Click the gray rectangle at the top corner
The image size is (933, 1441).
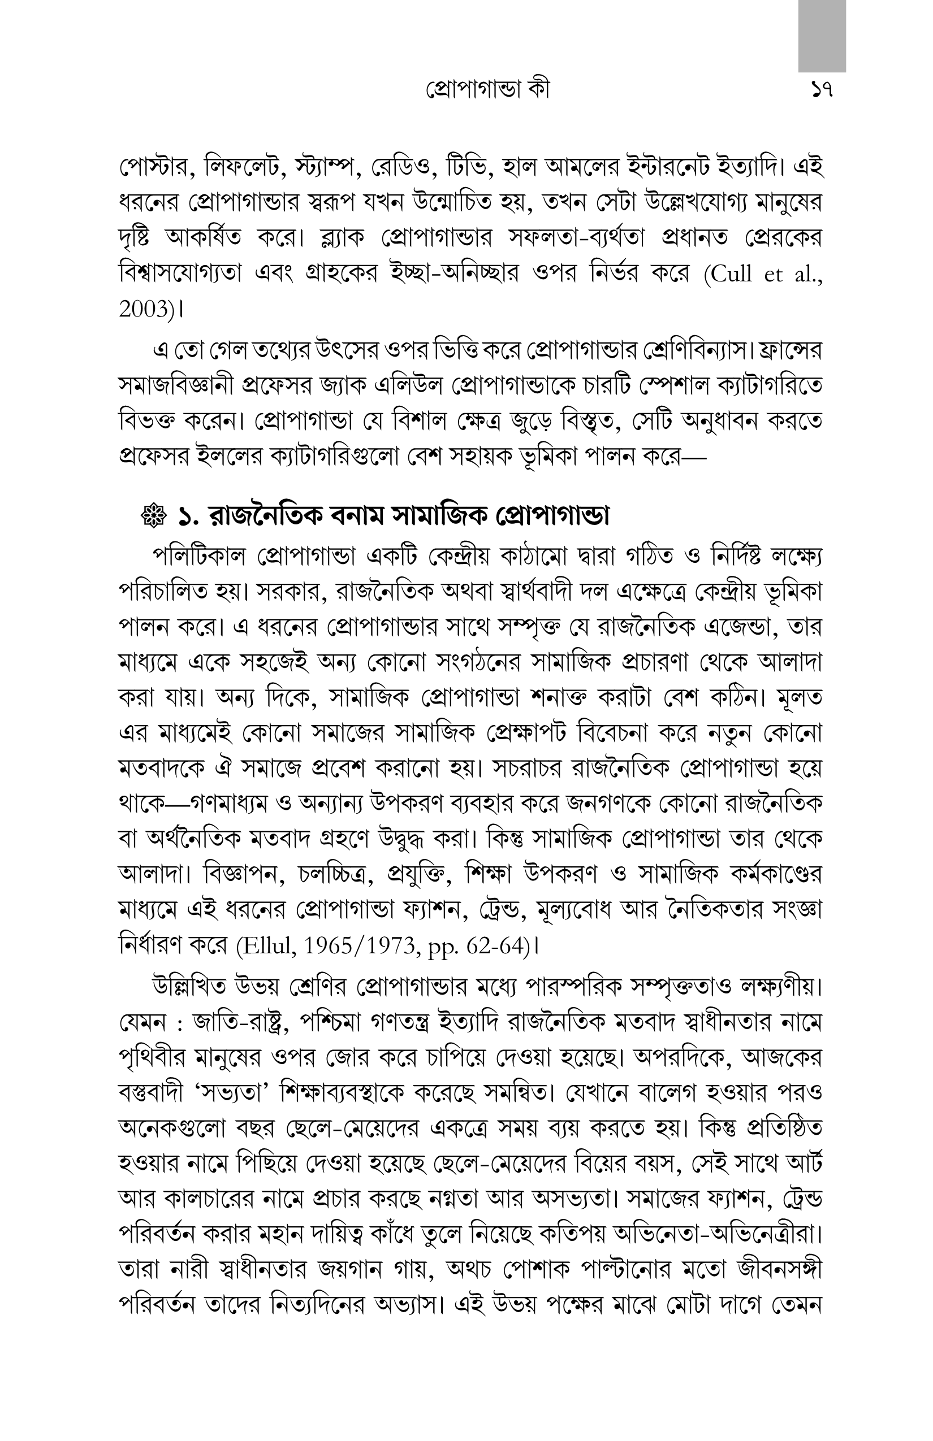coord(822,35)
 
